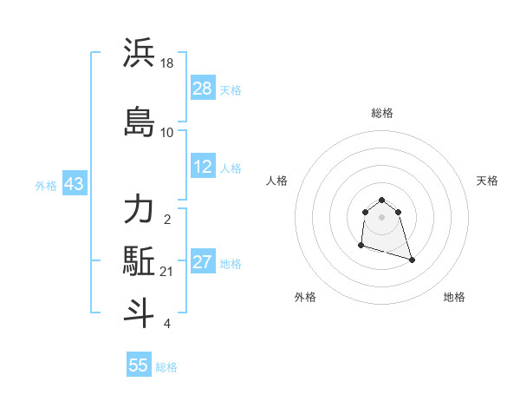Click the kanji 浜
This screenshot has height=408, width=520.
139,53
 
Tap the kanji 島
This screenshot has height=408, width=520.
139,122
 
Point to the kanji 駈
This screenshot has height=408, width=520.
139,260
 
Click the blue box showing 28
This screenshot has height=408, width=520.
203,89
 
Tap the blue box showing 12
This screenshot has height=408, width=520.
203,167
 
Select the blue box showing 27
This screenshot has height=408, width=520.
203,262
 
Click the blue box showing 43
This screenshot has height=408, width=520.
73,184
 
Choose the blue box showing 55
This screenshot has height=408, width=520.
139,365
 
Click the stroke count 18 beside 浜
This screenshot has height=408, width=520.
168,63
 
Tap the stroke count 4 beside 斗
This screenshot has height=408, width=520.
167,324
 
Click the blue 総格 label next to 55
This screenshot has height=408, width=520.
166,367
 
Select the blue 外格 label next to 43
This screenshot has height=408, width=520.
46,185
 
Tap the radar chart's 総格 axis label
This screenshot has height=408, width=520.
382,113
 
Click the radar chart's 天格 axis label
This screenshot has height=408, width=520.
488,181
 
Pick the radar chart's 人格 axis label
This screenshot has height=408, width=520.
276,181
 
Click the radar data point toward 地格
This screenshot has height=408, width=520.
412,260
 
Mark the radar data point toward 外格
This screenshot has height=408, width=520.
361,247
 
